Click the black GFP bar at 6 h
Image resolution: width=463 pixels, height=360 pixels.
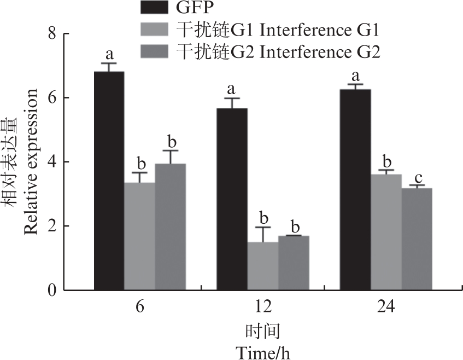point(109,181)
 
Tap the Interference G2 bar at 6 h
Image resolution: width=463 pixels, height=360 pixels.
point(170,227)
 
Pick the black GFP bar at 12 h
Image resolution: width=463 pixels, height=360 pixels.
point(232,199)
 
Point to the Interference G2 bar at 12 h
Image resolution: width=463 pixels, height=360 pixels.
point(294,263)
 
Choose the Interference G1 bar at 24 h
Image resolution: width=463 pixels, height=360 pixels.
point(386,232)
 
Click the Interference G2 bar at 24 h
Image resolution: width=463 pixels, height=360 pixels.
point(417,239)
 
